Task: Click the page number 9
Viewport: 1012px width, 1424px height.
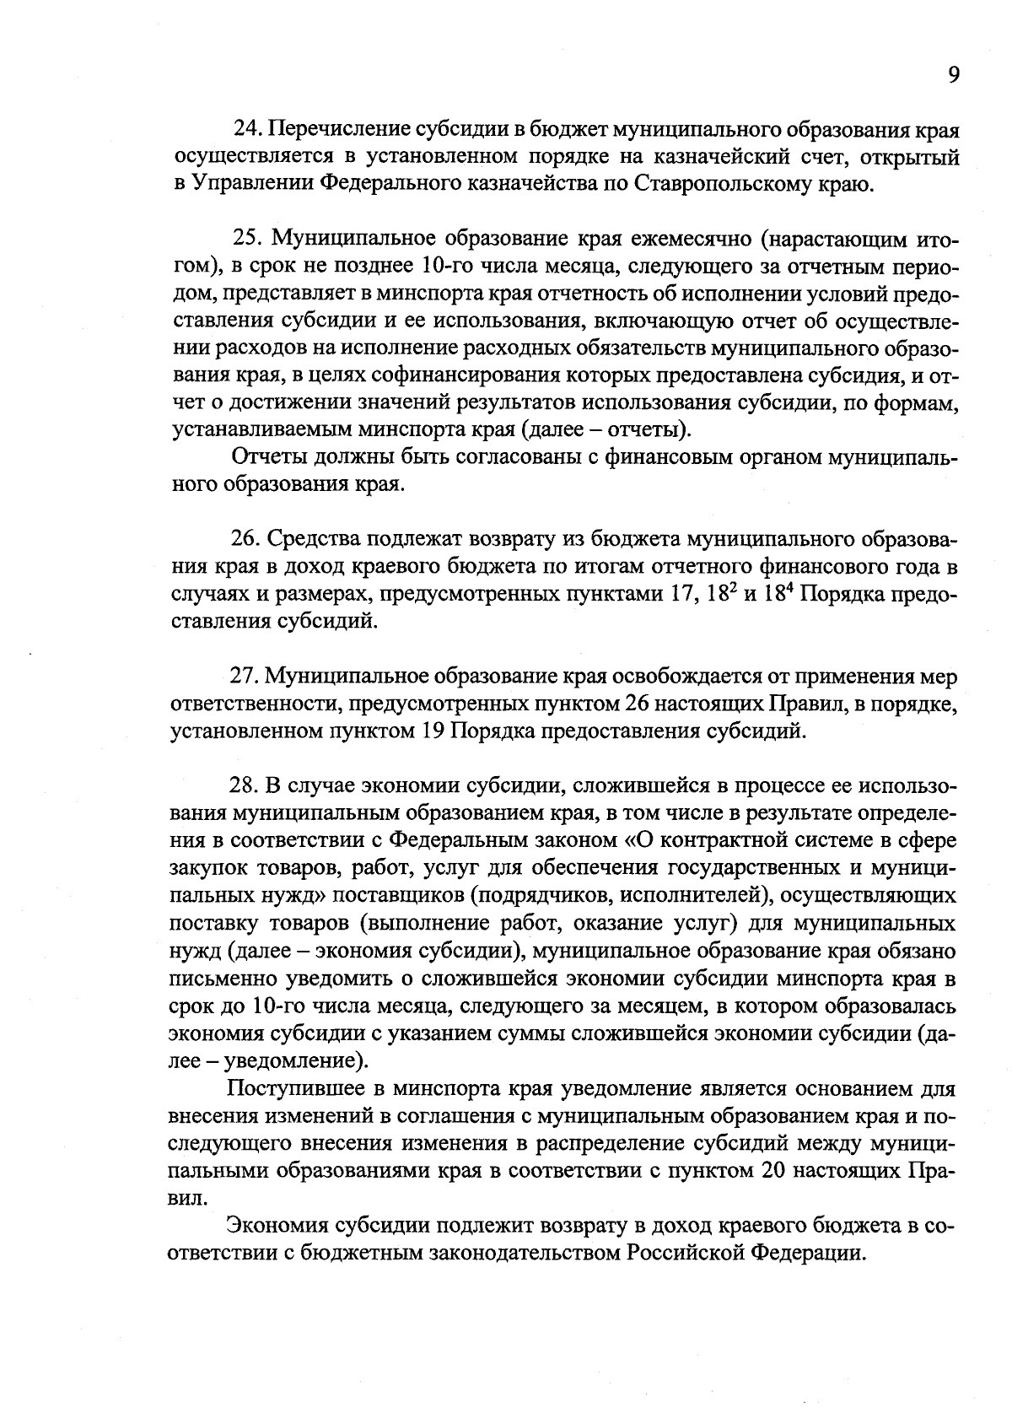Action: point(952,76)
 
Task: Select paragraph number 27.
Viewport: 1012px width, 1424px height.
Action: point(247,677)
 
